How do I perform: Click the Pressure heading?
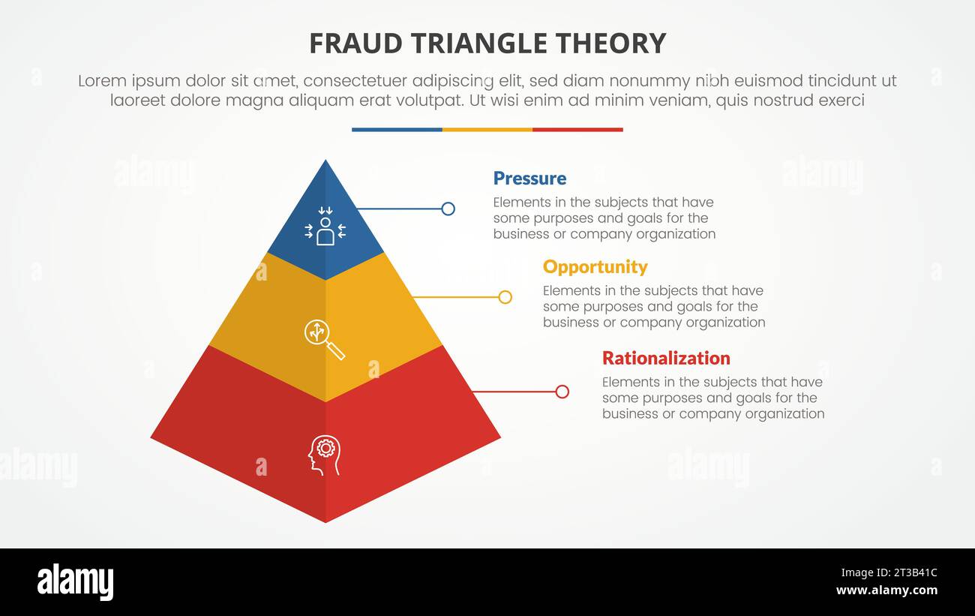click(529, 179)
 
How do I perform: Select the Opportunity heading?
click(595, 267)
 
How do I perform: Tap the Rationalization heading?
click(666, 358)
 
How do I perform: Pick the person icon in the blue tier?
click(325, 228)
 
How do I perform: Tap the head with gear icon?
click(325, 454)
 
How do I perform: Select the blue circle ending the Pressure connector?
click(448, 209)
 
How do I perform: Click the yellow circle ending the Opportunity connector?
click(505, 297)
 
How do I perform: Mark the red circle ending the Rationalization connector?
click(562, 392)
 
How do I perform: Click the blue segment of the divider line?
click(397, 130)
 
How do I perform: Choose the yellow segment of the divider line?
click(487, 130)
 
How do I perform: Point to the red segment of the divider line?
click(577, 130)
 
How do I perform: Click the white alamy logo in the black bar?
click(76, 582)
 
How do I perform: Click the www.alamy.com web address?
click(886, 590)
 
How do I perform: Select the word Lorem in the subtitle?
click(100, 81)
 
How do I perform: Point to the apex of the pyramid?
click(325, 161)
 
